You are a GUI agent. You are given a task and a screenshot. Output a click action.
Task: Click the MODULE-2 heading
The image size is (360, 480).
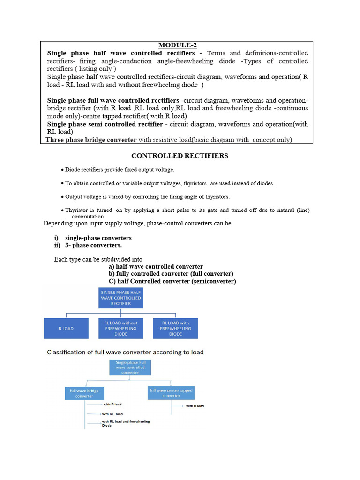pyautogui.click(x=177, y=45)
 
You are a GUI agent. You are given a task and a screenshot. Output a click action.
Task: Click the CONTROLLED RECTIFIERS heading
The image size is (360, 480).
pyautogui.click(x=180, y=156)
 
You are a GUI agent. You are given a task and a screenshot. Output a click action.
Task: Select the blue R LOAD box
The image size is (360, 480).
pyautogui.click(x=66, y=329)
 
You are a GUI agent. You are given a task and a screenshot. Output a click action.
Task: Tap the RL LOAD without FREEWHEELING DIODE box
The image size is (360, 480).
pyautogui.click(x=121, y=329)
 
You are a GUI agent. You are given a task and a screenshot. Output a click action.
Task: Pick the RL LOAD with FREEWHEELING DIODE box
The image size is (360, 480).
pyautogui.click(x=176, y=329)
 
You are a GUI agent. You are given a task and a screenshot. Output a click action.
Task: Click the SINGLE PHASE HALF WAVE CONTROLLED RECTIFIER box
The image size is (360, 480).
pyautogui.click(x=121, y=298)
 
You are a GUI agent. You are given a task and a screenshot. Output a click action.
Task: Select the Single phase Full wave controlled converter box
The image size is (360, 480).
pyautogui.click(x=129, y=368)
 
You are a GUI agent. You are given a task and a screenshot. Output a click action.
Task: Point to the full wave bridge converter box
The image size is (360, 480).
pyautogui.click(x=84, y=393)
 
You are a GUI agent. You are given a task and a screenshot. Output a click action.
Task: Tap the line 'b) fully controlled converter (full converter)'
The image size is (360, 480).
pyautogui.click(x=171, y=274)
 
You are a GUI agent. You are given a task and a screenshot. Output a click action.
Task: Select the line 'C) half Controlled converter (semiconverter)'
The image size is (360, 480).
pyautogui.click(x=172, y=281)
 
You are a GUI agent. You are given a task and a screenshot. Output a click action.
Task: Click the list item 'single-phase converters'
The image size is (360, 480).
pyautogui.click(x=98, y=238)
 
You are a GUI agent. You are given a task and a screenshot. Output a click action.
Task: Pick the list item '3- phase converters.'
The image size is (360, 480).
pyautogui.click(x=93, y=245)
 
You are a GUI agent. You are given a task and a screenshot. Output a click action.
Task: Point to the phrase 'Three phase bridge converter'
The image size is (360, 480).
pyautogui.click(x=91, y=140)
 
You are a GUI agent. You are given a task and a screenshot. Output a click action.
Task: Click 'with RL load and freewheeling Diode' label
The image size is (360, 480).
pyautogui.click(x=126, y=424)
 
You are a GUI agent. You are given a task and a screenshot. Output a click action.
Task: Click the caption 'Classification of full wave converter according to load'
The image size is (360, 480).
pyautogui.click(x=125, y=352)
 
